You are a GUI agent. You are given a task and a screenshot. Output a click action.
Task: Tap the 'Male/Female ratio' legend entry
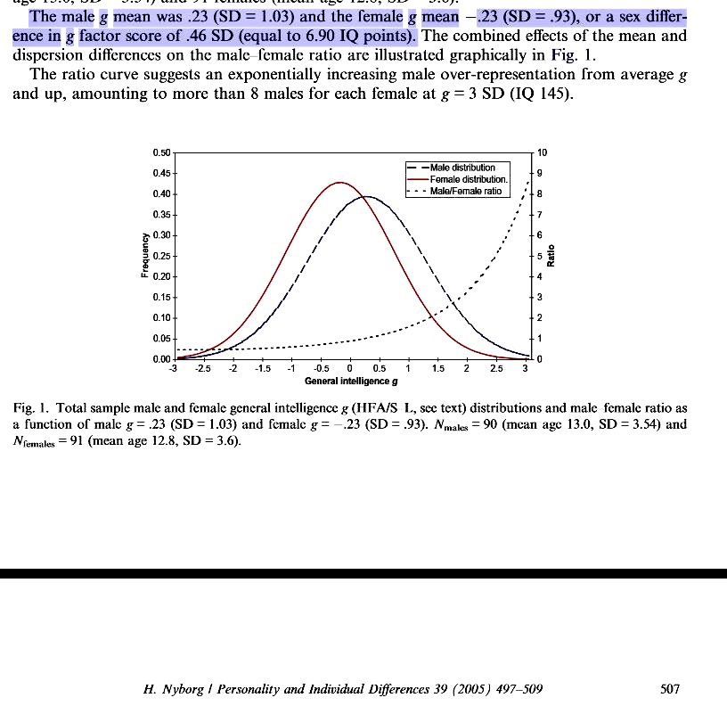coord(465,191)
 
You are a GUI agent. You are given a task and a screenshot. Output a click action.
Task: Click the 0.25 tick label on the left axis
coord(161,256)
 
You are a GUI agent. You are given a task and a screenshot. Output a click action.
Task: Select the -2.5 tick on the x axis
coord(203,369)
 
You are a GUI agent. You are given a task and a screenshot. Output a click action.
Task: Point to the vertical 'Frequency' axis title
coord(144,256)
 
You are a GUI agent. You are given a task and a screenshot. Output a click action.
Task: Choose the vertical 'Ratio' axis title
coord(553,256)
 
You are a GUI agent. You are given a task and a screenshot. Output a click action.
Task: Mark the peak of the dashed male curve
coord(365,197)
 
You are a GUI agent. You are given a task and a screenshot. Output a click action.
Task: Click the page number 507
coord(670,689)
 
